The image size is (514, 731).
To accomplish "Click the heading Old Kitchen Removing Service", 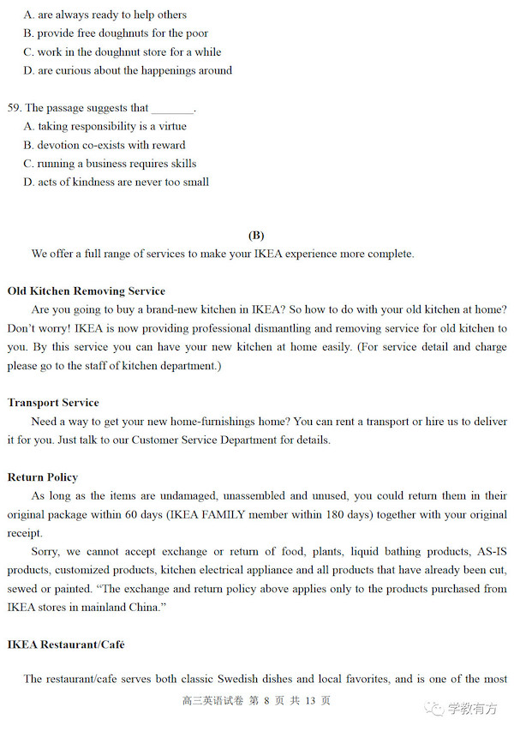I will [87, 291].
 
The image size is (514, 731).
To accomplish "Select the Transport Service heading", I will [53, 403].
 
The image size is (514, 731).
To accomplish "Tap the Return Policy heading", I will [43, 477].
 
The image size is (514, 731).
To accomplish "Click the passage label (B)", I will [256, 236].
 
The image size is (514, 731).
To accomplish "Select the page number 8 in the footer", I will [266, 701].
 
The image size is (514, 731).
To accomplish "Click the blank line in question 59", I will [172, 109].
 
